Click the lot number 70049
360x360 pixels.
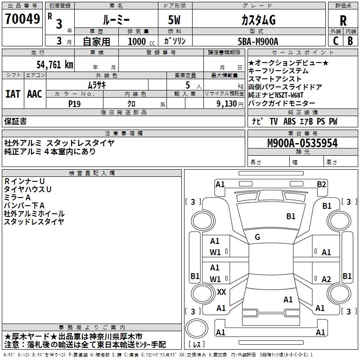pyautogui.click(x=22, y=20)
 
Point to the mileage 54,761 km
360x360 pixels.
pyautogui.click(x=54, y=64)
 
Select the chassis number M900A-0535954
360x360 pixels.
pyautogui.click(x=302, y=144)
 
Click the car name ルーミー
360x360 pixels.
pyautogui.click(x=116, y=20)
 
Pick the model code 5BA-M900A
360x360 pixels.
pyautogui.click(x=258, y=41)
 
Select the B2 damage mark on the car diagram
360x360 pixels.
pyautogui.click(x=321, y=184)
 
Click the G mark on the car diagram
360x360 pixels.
pyautogui.click(x=257, y=237)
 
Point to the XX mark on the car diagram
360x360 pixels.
pyautogui.click(x=221, y=292)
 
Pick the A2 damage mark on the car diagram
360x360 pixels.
pyautogui.click(x=326, y=279)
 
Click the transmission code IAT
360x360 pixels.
pyautogui.click(x=13, y=94)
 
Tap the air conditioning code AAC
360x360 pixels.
pyautogui.click(x=35, y=94)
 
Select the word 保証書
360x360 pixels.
pyautogui.click(x=15, y=121)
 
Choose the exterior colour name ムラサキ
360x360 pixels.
pyautogui.click(x=96, y=85)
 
